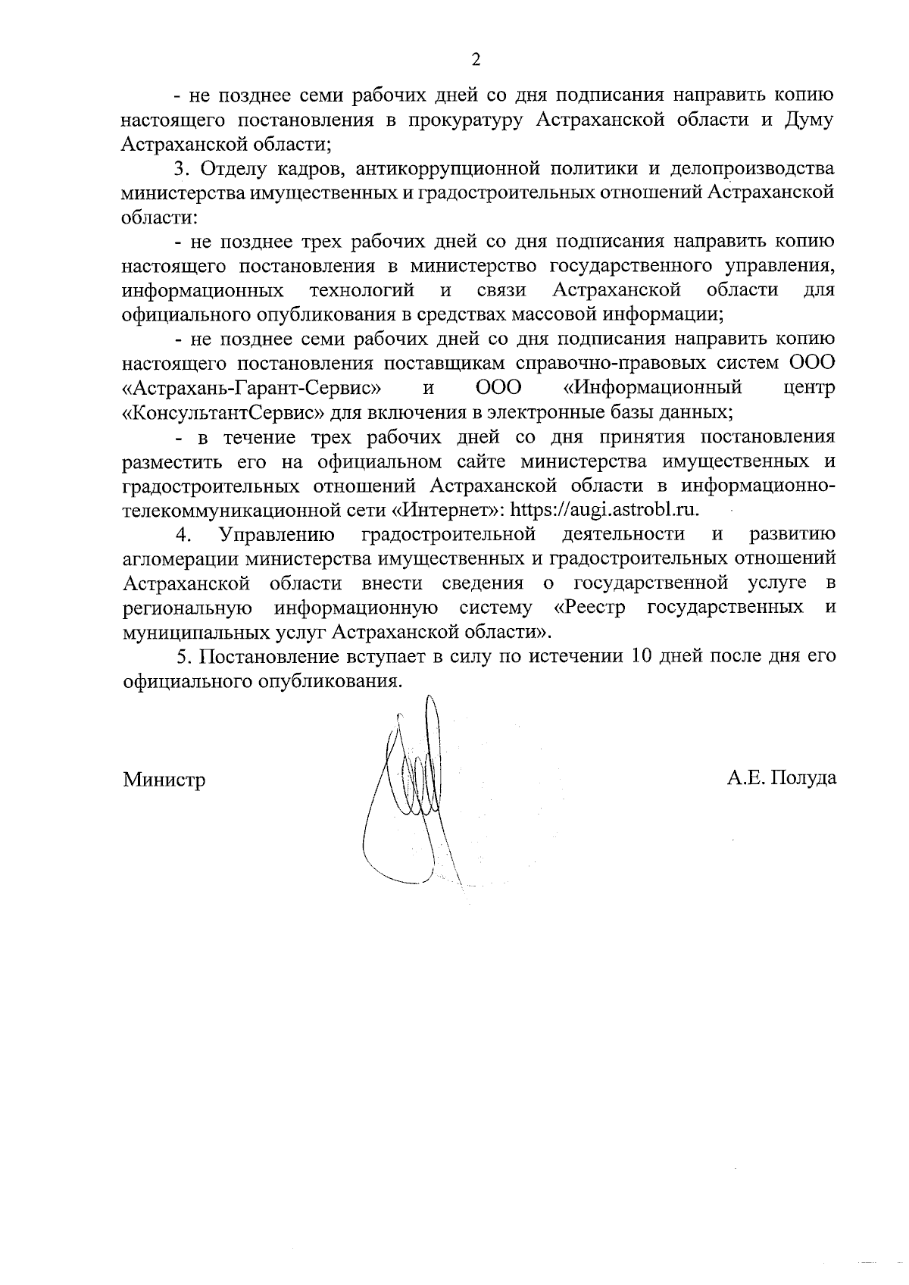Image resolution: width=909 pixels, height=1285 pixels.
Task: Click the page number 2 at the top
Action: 475,60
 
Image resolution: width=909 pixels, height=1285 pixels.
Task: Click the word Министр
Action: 164,780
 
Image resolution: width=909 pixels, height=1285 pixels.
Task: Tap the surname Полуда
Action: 804,778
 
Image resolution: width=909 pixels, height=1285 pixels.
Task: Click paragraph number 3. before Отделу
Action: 181,168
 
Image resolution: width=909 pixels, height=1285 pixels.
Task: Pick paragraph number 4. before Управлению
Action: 183,535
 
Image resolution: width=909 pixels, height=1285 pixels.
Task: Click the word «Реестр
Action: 589,608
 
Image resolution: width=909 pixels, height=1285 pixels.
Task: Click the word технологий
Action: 361,290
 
